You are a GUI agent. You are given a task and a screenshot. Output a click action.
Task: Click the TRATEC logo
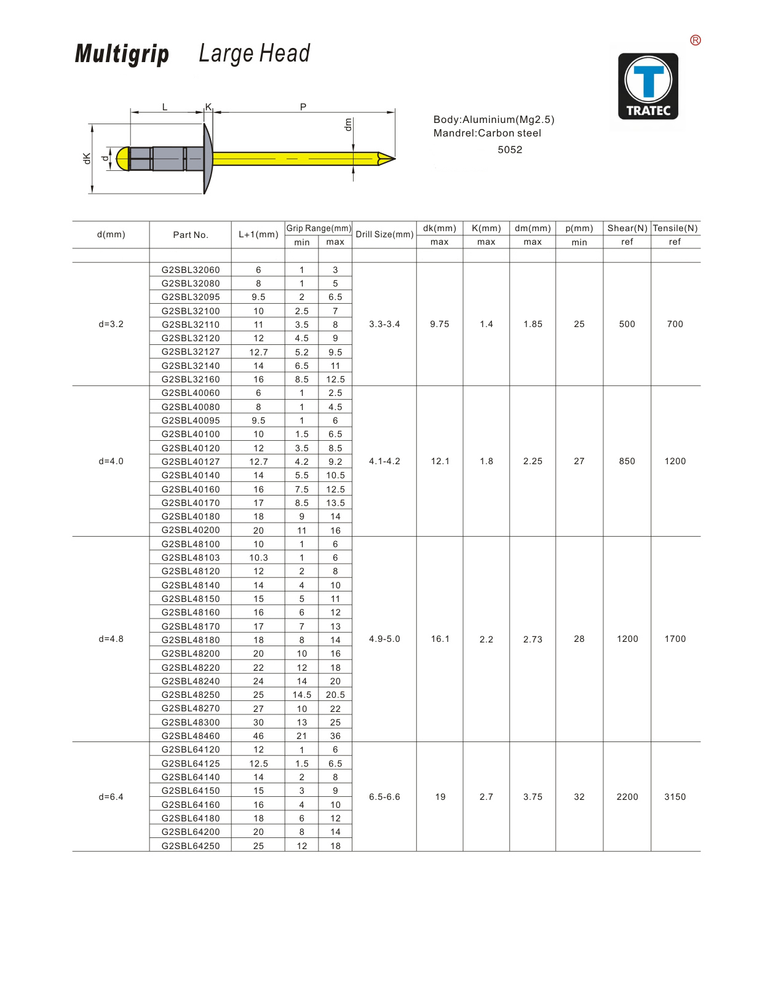[648, 86]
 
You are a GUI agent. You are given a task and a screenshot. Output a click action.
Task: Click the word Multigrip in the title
[122, 54]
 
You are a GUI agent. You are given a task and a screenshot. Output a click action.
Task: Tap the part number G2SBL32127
[191, 352]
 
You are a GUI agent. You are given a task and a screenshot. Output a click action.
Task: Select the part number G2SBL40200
[191, 530]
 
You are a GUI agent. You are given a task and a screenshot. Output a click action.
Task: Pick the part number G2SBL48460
[191, 736]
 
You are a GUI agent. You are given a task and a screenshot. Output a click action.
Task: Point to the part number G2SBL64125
[191, 764]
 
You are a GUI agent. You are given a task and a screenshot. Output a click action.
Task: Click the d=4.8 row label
[111, 639]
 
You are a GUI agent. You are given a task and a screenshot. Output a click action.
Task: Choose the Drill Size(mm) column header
[384, 234]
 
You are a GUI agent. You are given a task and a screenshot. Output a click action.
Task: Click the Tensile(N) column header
[675, 228]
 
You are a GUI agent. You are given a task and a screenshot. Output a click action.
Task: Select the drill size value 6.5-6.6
[384, 797]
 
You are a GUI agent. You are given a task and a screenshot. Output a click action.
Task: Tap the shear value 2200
[627, 797]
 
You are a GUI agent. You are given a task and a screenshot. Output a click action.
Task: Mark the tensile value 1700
[675, 639]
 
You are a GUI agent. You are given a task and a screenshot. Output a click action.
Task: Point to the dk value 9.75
[440, 324]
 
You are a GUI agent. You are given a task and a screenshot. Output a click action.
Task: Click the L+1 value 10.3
[258, 558]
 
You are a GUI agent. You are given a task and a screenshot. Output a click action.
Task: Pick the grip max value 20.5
[335, 695]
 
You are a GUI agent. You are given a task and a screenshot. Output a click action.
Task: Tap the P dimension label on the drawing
[303, 107]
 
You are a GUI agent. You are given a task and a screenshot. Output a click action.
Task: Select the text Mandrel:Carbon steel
[487, 133]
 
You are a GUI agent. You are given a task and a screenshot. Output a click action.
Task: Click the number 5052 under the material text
[510, 149]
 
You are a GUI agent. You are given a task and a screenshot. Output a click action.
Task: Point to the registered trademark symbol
[696, 41]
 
